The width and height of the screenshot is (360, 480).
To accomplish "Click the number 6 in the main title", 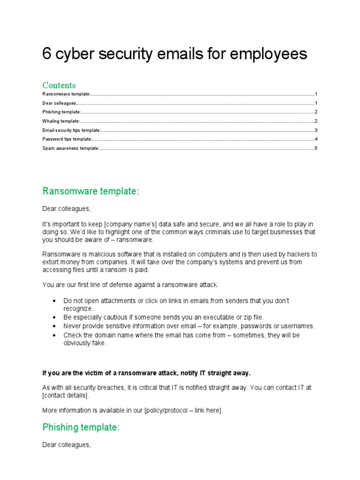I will point(46,54).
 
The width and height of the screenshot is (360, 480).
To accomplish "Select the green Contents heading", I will point(59,85).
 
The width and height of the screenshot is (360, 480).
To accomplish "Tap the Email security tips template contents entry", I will point(71,130).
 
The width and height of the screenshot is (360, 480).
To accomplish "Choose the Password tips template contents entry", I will point(67,139).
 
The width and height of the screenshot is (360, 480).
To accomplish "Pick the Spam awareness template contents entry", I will point(70,148).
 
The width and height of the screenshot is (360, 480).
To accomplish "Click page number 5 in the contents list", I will point(316,148).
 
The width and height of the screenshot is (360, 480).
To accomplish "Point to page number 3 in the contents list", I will point(316,130).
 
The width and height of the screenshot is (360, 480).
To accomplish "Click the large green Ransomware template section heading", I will point(91,191).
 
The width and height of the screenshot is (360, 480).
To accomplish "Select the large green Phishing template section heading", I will point(81,427).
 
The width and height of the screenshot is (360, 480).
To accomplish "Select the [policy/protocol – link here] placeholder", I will point(183,411).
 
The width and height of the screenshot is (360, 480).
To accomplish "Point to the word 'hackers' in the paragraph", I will point(297,255).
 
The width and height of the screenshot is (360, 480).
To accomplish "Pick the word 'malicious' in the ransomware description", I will point(102,255).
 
